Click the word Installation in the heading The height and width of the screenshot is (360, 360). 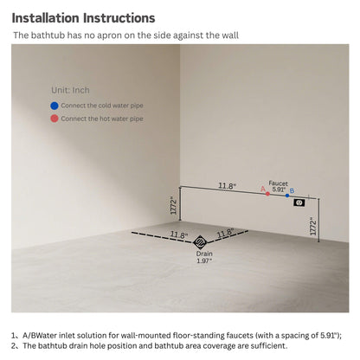click(x=46, y=18)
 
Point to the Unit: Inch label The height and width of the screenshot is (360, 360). click(x=70, y=90)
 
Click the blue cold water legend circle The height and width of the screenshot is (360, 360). click(x=55, y=106)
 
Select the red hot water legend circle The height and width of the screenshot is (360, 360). click(x=55, y=119)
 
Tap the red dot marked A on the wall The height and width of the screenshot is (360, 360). click(x=267, y=194)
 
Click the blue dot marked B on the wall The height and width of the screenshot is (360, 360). click(x=287, y=196)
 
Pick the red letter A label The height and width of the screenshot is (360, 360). click(x=263, y=189)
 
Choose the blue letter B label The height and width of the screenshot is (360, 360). click(x=292, y=190)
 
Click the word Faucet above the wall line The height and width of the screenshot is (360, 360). click(x=278, y=183)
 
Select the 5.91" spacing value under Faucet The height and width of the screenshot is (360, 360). click(x=279, y=190)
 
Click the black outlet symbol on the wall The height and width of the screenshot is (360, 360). click(x=299, y=202)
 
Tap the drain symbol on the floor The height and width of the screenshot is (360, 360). click(x=200, y=241)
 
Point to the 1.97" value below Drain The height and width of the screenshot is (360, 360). click(x=204, y=260)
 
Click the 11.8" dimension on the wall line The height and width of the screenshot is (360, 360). click(x=227, y=186)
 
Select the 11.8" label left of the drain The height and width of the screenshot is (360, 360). click(x=179, y=235)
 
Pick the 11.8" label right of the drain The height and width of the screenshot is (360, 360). click(x=226, y=233)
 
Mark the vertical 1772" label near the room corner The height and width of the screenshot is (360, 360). click(x=173, y=205)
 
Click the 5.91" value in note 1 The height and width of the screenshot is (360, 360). click(x=330, y=336)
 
